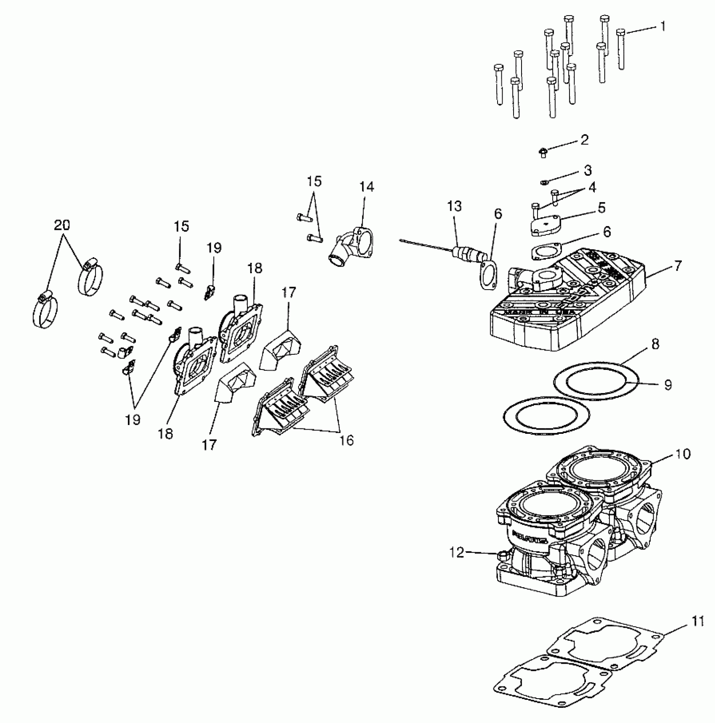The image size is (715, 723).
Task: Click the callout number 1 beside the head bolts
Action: (662, 27)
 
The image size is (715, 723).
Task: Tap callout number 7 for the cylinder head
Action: (677, 266)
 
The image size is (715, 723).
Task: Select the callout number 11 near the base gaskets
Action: (697, 633)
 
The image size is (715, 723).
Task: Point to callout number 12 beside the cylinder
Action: (457, 552)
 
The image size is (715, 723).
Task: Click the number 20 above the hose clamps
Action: (62, 225)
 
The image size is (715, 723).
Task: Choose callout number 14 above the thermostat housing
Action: (366, 187)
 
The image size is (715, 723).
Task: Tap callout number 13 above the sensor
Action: (454, 206)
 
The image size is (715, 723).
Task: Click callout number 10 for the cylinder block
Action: (683, 454)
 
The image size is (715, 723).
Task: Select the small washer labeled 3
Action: (543, 182)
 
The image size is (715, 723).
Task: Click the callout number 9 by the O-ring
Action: (667, 385)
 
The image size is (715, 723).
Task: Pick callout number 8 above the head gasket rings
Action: (655, 344)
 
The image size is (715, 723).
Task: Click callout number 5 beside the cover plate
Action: (601, 207)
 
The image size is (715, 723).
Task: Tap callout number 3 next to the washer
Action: (588, 170)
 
